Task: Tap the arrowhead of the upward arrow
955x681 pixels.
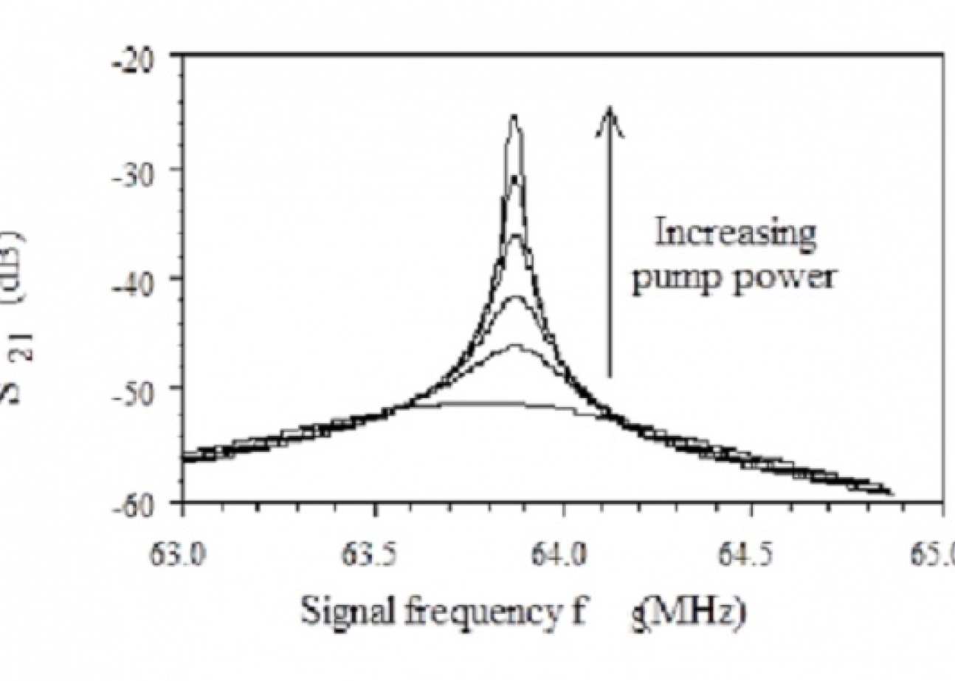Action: point(610,118)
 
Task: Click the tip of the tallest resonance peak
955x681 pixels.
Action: point(514,118)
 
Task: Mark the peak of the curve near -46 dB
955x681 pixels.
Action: point(514,346)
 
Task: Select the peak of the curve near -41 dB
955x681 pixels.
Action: point(514,298)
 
